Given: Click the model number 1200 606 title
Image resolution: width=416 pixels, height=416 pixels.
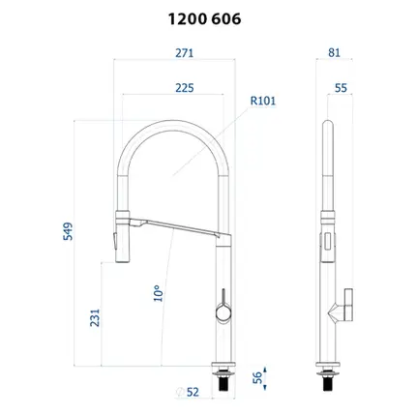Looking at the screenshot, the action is (204, 19).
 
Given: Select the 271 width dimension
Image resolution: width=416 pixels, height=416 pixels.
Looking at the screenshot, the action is (185, 53).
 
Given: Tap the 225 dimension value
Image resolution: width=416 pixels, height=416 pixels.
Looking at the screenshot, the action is (185, 88).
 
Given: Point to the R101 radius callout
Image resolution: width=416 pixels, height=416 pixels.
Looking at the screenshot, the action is (263, 101).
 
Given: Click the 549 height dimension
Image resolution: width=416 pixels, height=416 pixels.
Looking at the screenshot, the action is (68, 231).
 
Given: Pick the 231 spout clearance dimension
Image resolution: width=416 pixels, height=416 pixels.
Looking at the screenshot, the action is (95, 318).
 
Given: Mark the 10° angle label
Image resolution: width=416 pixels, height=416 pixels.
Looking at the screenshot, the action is (158, 293).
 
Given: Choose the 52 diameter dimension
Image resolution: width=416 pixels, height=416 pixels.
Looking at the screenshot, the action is (193, 392).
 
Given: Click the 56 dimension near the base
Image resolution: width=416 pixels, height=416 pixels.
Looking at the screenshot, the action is (257, 377).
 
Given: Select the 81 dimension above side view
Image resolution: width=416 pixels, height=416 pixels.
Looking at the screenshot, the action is (334, 52).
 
